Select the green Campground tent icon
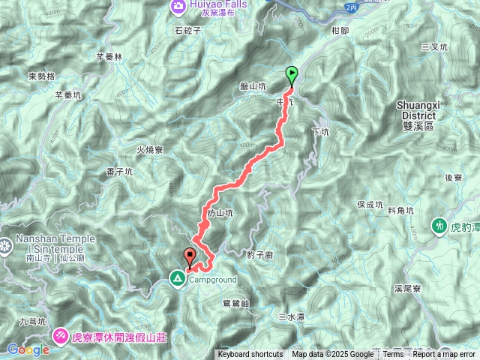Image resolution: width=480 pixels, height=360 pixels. (x=177, y=280)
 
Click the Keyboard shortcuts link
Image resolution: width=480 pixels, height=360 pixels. (x=250, y=355)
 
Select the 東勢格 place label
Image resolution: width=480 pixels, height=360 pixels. (x=42, y=76)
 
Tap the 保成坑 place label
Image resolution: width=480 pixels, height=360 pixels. (x=370, y=203)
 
